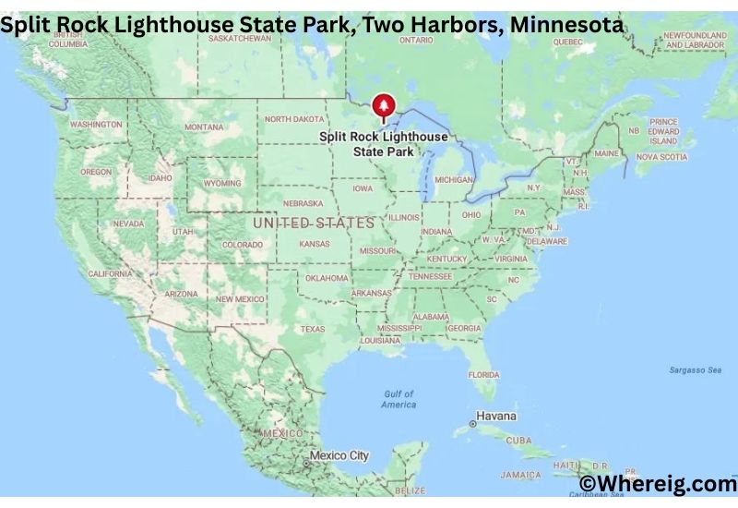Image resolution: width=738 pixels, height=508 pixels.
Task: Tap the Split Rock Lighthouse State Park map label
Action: click(383, 143)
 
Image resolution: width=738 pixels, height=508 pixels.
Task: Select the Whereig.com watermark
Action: click(657, 484)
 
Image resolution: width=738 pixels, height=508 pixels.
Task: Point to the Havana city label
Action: click(497, 417)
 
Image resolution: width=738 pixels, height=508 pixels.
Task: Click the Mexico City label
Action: click(339, 455)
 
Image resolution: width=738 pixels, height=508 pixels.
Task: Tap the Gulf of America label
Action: click(399, 399)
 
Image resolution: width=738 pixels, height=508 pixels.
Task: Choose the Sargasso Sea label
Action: click(695, 370)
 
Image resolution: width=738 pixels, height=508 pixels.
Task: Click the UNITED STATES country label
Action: click(314, 223)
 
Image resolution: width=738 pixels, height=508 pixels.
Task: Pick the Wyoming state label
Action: click(222, 183)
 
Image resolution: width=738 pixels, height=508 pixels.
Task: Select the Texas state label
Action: click(312, 329)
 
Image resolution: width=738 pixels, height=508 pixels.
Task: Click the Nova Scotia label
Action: click(661, 157)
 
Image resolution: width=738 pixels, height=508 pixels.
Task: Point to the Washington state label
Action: click(96, 124)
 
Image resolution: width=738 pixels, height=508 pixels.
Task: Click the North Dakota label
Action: click(294, 119)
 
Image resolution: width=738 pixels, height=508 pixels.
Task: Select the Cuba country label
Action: click(518, 440)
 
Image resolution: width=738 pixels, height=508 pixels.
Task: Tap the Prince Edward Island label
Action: click(662, 131)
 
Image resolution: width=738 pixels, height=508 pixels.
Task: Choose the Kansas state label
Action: click(315, 244)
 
